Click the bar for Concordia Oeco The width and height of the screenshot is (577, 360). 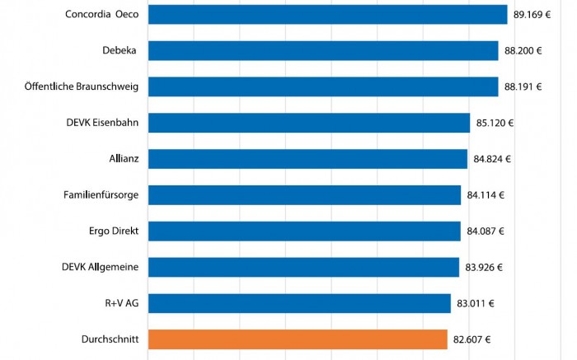click(x=327, y=15)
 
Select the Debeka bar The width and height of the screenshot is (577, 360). click(x=323, y=51)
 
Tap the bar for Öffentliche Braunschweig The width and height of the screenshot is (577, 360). click(x=323, y=87)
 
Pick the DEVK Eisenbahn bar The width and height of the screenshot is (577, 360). click(x=309, y=124)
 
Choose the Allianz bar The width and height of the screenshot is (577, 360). click(x=307, y=159)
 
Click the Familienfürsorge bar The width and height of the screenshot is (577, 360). click(x=304, y=195)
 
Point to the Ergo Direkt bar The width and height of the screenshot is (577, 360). click(x=304, y=231)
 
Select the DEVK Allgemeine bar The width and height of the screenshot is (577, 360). click(x=303, y=267)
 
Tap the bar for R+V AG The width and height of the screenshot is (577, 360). click(x=299, y=303)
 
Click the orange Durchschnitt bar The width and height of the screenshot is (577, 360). click(x=298, y=339)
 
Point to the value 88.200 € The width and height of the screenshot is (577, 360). click(x=523, y=51)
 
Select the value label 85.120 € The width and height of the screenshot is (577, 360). click(x=495, y=124)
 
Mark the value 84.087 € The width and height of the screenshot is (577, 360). click(x=486, y=231)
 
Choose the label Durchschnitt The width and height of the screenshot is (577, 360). click(x=110, y=339)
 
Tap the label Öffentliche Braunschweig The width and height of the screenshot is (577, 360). click(x=82, y=87)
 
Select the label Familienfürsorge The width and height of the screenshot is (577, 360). click(x=101, y=195)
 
